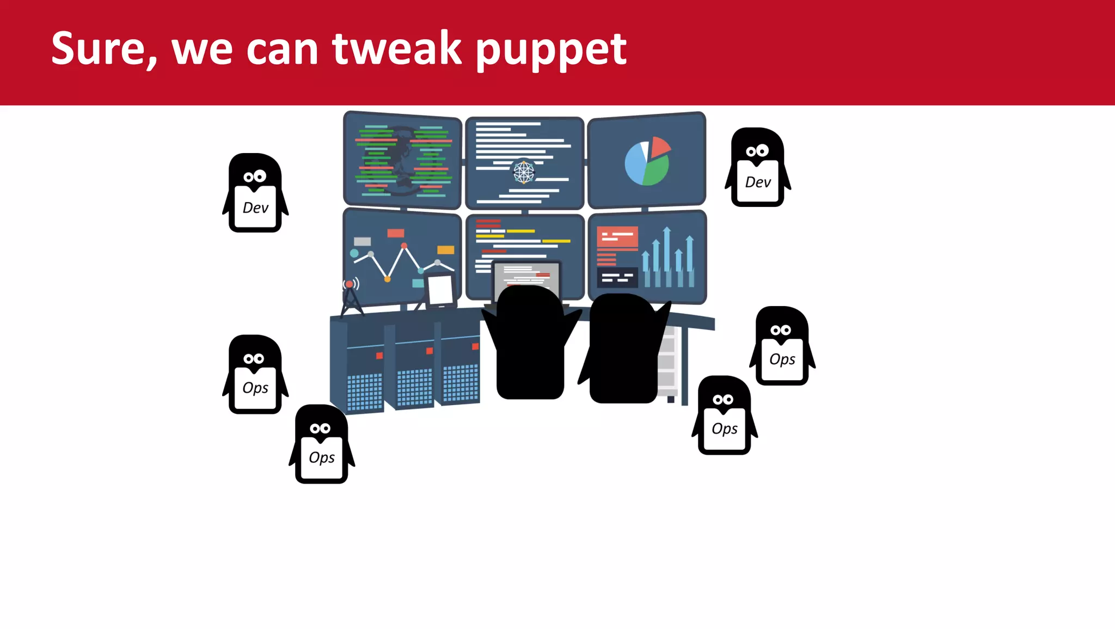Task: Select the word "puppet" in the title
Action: [x=551, y=50]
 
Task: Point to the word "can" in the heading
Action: [x=282, y=50]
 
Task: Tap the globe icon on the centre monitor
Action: [x=524, y=172]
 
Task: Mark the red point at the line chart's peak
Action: [x=404, y=246]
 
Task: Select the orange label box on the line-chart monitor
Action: [x=445, y=250]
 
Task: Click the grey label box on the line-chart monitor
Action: [x=362, y=241]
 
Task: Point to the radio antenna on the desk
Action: [x=351, y=297]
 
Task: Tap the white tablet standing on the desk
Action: [x=440, y=289]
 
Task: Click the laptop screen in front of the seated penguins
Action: [x=526, y=275]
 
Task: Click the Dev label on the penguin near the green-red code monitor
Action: [x=255, y=208]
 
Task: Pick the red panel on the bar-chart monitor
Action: [x=617, y=237]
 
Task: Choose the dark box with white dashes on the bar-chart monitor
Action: [x=617, y=278]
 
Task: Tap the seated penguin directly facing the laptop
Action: [x=530, y=343]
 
